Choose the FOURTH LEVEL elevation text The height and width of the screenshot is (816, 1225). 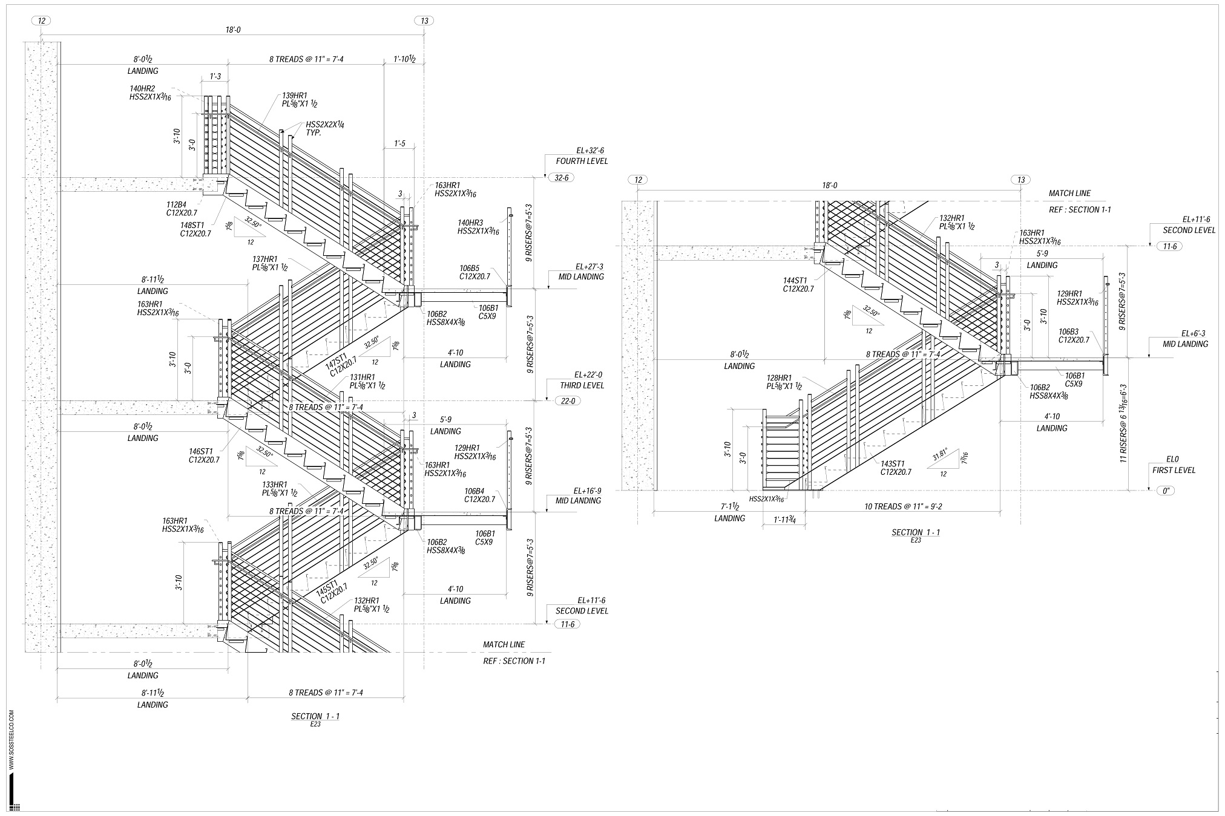click(582, 161)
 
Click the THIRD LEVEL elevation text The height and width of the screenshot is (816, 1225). click(580, 385)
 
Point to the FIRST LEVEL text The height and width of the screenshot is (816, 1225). click(1173, 470)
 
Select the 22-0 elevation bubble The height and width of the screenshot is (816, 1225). click(567, 401)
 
